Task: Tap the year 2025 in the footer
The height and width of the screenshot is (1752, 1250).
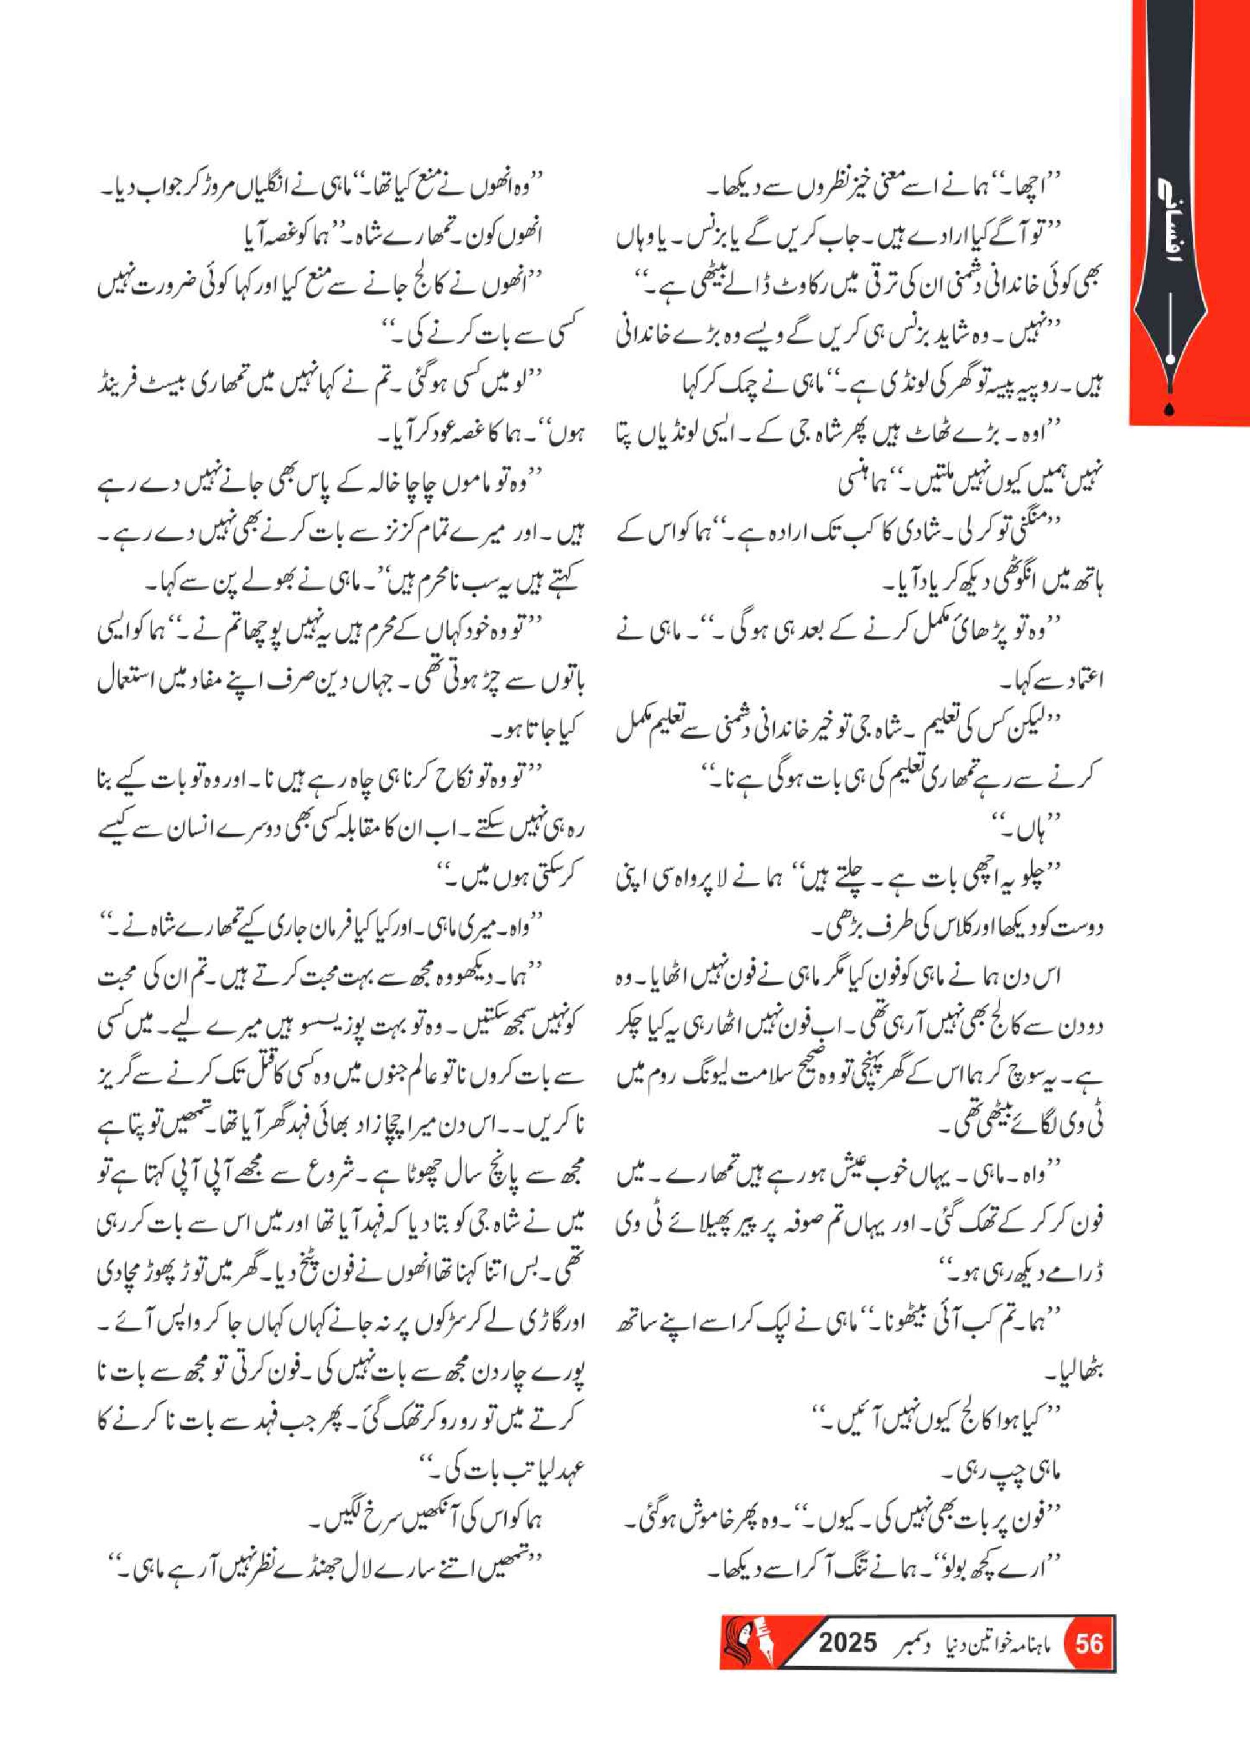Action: coord(848,1645)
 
